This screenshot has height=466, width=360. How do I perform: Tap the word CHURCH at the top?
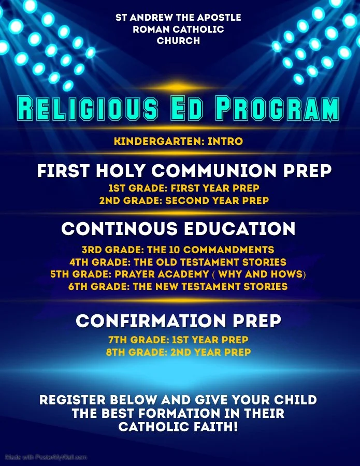coord(178,41)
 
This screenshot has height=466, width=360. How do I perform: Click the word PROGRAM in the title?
coord(277,109)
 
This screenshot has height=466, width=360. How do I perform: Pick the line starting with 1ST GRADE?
coord(184,188)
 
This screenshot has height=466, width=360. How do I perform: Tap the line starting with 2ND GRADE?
coord(184,200)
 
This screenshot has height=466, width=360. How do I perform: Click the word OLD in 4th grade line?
coord(174,262)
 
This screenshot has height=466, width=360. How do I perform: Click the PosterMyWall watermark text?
coord(46,457)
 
